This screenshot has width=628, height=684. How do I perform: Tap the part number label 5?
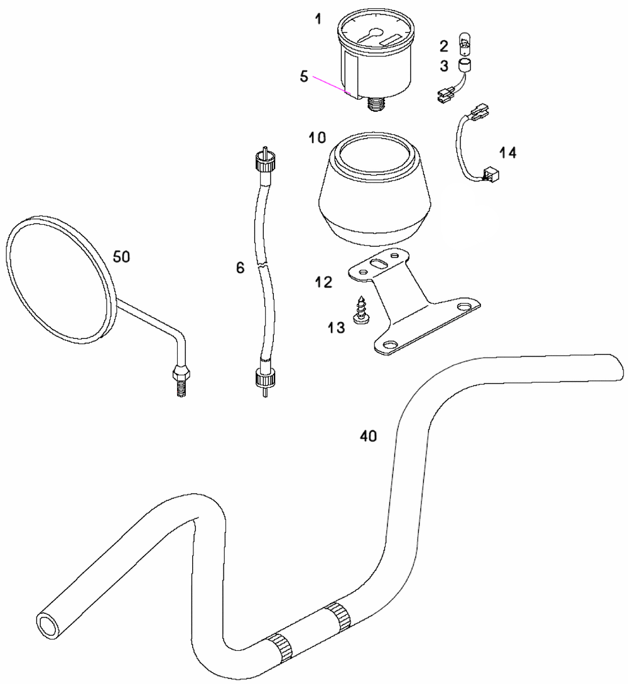click(x=304, y=77)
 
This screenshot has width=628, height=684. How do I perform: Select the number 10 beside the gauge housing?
click(x=317, y=137)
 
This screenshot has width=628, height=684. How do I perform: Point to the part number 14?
click(x=507, y=152)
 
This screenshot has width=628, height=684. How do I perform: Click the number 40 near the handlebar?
click(x=369, y=436)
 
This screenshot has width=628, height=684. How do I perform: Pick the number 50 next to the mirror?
click(x=121, y=257)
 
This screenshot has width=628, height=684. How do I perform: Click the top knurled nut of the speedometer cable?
click(x=264, y=164)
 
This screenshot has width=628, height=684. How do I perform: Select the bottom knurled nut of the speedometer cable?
click(x=264, y=378)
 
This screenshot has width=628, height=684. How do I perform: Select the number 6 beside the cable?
click(x=240, y=268)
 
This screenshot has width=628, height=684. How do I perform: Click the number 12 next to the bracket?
click(x=323, y=282)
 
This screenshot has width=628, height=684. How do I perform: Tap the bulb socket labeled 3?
click(x=464, y=66)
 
